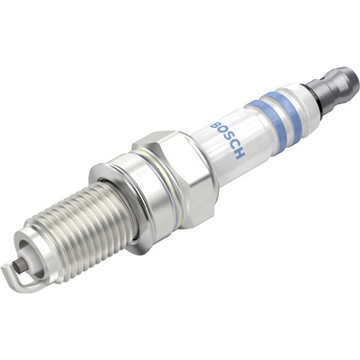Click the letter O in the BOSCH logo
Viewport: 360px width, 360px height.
click(x=221, y=133)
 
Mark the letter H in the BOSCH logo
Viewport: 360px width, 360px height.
click(x=239, y=154)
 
